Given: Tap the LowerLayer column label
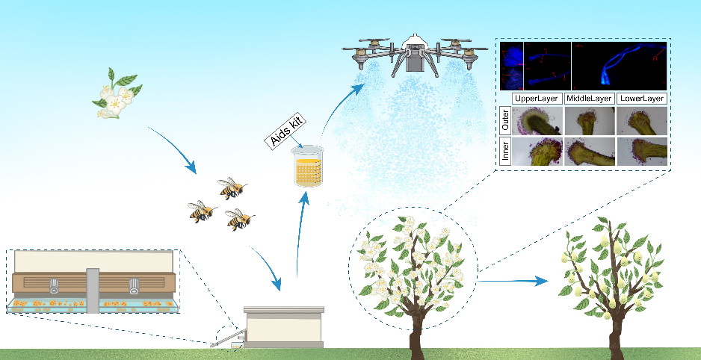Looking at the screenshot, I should pos(641,98).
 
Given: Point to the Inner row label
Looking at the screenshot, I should pos(504,150).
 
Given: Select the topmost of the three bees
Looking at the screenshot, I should pos(232,188).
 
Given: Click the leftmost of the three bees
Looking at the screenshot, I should pos(202,211).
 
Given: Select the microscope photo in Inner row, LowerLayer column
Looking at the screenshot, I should pos(641,150).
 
